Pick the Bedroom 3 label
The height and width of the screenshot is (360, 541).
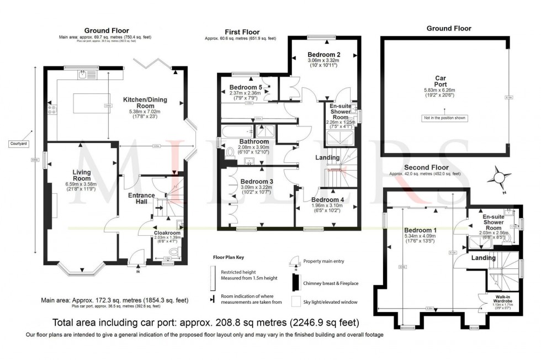[x=257, y=181]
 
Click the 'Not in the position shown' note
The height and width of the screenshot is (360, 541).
[x=444, y=118]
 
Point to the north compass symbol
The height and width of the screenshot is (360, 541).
[x=498, y=177]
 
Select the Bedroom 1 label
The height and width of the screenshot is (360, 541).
[x=420, y=230]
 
